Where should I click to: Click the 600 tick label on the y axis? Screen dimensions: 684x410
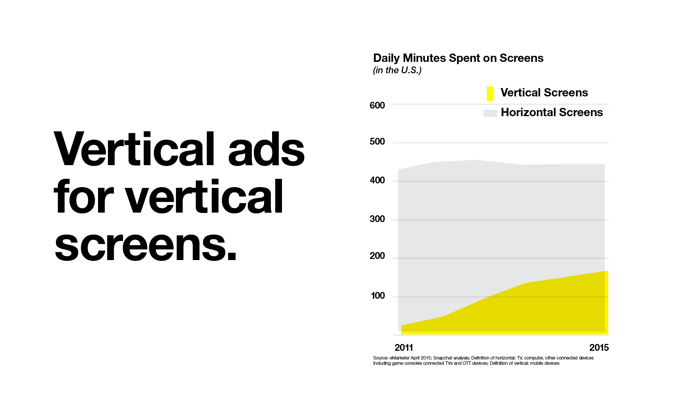tap(377, 106)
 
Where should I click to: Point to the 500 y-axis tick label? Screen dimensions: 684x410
tap(377, 142)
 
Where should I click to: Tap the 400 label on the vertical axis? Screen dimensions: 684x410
tap(377, 180)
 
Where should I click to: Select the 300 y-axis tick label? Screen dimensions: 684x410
tap(377, 219)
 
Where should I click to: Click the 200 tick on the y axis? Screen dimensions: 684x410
tap(377, 256)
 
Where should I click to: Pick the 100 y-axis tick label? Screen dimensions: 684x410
tap(378, 296)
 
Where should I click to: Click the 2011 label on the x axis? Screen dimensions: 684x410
tap(404, 348)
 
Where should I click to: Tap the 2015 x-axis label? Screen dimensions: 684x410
tap(599, 348)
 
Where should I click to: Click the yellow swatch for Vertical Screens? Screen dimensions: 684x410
tap(490, 94)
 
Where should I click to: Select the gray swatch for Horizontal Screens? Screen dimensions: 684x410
tap(490, 113)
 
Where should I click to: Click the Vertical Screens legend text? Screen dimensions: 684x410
tap(544, 93)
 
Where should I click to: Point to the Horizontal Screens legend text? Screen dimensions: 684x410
tap(552, 112)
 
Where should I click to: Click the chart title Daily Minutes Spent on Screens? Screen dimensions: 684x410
tap(458, 58)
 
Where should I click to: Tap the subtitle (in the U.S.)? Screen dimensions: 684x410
tap(397, 71)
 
